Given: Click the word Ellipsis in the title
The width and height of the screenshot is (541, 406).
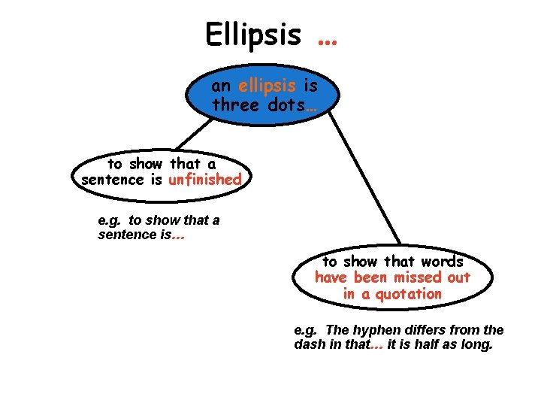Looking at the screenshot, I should click(x=252, y=34).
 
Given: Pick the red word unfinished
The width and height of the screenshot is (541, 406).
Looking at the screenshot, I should click(x=205, y=180).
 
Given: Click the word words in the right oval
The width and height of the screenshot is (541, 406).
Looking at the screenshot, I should click(x=443, y=261).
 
